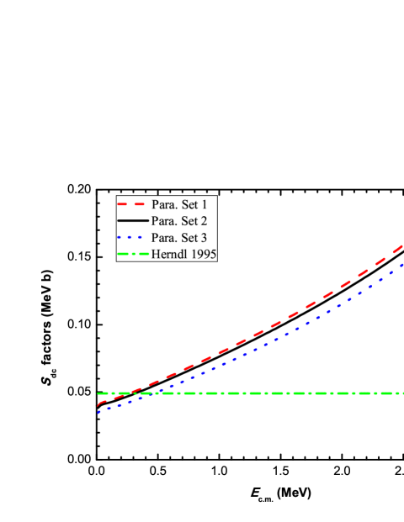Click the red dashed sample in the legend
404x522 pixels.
tap(132, 204)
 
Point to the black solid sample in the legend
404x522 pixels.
tap(132, 221)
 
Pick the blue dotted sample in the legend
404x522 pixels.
tap(132, 238)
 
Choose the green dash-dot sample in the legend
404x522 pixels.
tap(132, 254)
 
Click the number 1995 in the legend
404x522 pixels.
tap(203, 254)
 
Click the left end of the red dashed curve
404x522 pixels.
tap(98, 406)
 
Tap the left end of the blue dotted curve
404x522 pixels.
tap(98, 413)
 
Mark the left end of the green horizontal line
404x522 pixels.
tap(98, 393)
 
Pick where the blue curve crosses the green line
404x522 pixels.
tap(151, 393)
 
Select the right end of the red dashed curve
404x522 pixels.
tap(403, 245)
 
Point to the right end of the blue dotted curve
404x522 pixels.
tap(403, 264)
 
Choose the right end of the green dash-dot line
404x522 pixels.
tap(403, 393)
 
